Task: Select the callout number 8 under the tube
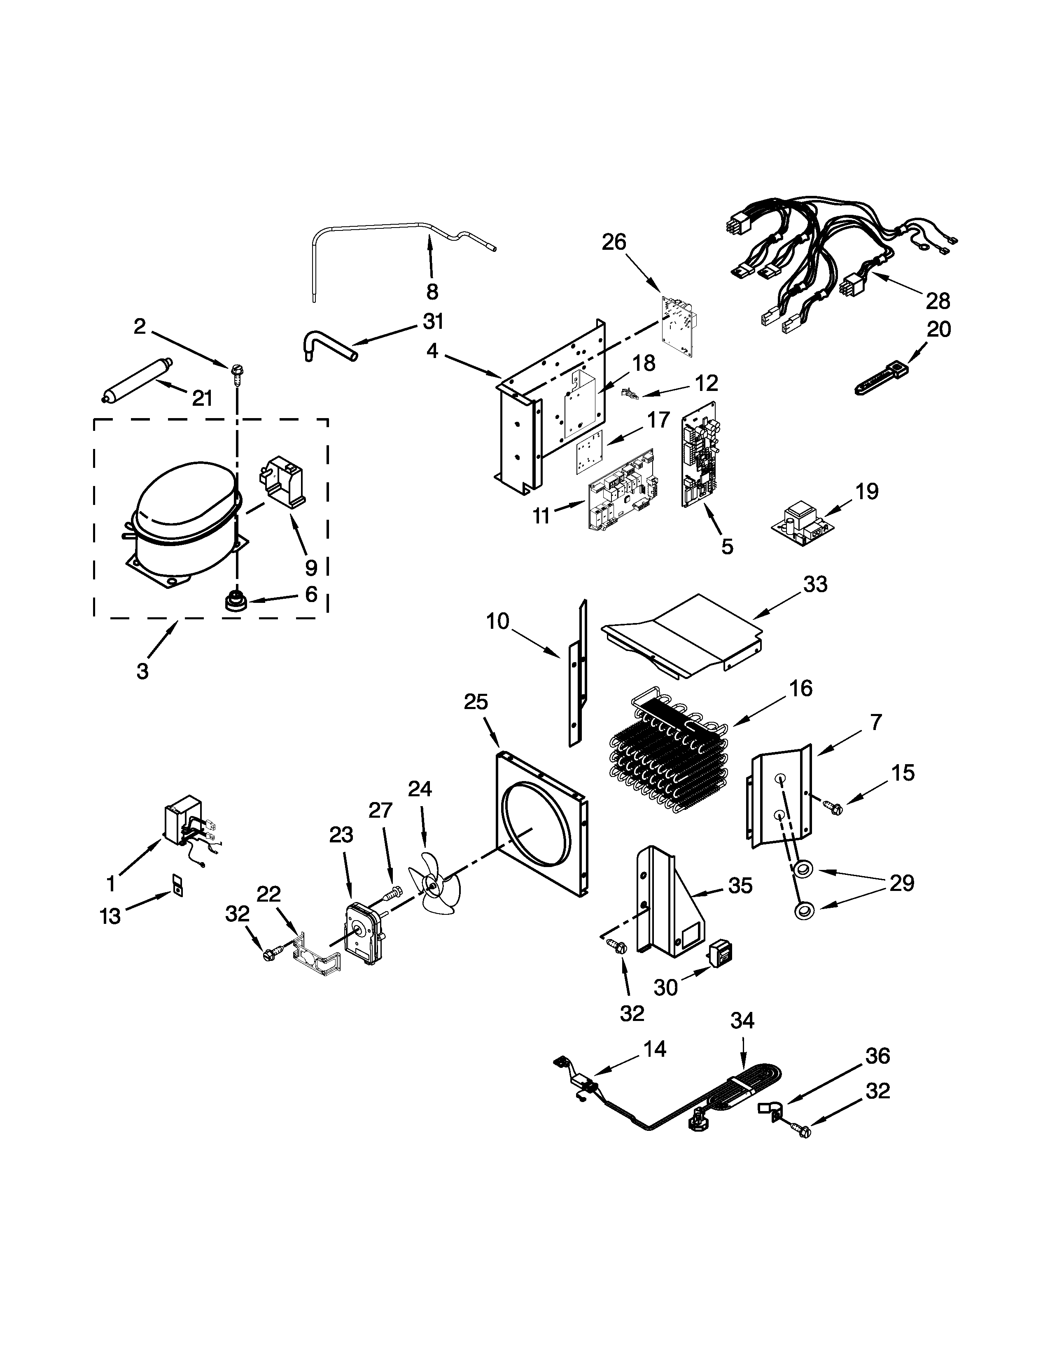432,291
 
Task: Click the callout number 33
815,584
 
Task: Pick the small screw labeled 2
236,371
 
